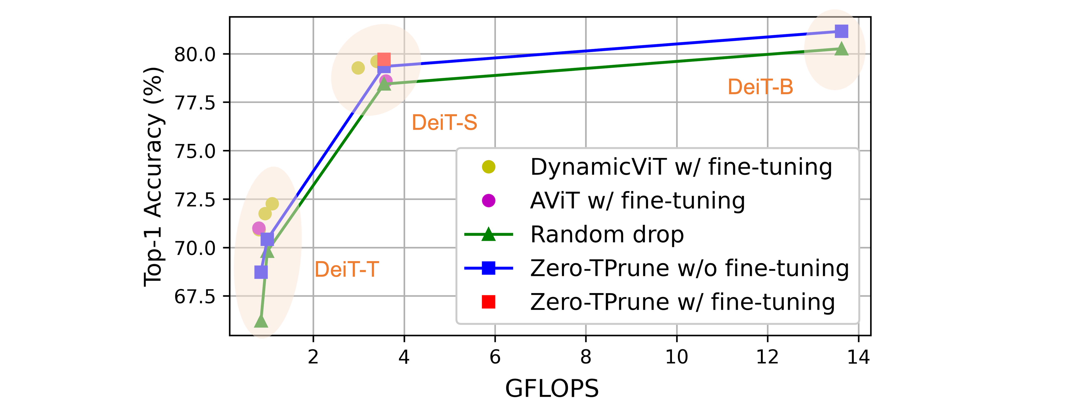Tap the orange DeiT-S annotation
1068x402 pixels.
coord(444,123)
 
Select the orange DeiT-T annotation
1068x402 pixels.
coord(347,270)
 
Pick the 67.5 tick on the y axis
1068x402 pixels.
coord(195,297)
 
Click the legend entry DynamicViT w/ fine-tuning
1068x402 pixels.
coord(681,167)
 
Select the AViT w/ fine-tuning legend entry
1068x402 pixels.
coord(637,201)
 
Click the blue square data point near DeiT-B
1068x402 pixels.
coord(841,31)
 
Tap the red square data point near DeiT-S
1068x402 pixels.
coord(384,60)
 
